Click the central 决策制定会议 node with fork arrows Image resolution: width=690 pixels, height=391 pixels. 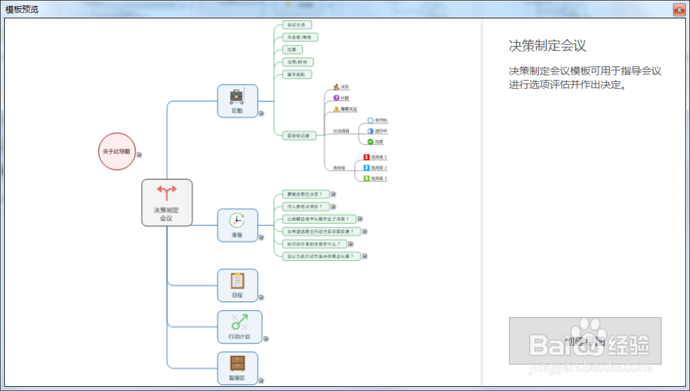point(166,202)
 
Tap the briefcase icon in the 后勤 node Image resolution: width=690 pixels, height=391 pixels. point(237,95)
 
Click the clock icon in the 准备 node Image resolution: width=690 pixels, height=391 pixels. point(237,221)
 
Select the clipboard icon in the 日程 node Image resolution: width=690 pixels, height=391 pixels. point(237,281)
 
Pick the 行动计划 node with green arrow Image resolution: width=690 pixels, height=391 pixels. point(239,326)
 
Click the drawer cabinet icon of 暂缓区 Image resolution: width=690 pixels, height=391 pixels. point(237,363)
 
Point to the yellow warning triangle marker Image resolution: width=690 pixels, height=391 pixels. point(337,109)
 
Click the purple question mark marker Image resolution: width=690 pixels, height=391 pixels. point(336,98)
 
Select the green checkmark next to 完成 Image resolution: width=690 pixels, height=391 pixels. point(371,142)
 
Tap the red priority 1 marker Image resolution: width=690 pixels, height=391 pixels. point(367,157)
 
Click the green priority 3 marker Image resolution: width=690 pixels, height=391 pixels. point(367,179)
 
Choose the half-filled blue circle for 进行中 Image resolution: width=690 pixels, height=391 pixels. point(371,131)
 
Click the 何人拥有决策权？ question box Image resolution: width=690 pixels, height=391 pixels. point(304,207)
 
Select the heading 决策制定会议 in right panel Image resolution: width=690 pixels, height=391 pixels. point(547,46)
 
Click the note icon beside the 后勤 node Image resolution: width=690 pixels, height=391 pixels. point(262,114)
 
